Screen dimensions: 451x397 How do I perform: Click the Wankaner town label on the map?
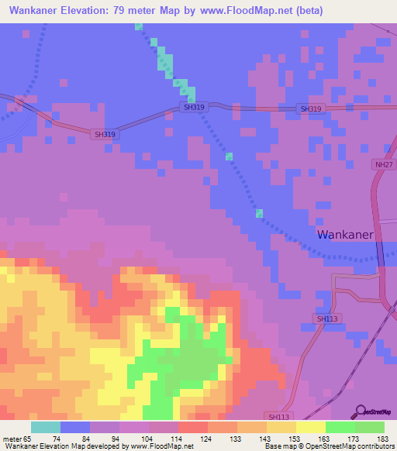[x=345, y=234]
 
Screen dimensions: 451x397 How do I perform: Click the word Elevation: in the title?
[x=99, y=11]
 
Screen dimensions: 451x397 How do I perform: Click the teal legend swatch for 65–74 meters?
[x=46, y=427]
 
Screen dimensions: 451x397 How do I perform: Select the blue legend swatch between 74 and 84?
[x=75, y=427]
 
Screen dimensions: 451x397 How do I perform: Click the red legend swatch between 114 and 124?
[x=193, y=427]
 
